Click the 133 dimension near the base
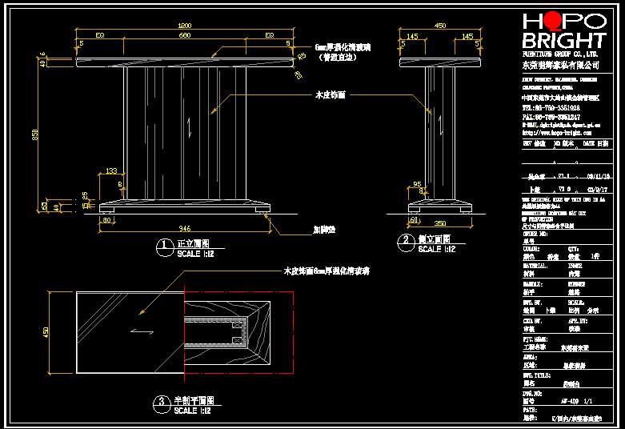pos(110,171)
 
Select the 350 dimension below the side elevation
pos(439,223)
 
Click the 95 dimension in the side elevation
pos(417,185)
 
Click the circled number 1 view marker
pos(163,245)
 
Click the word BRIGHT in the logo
pos(563,40)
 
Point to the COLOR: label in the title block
pos(532,249)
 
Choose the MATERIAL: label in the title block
pos(537,266)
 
